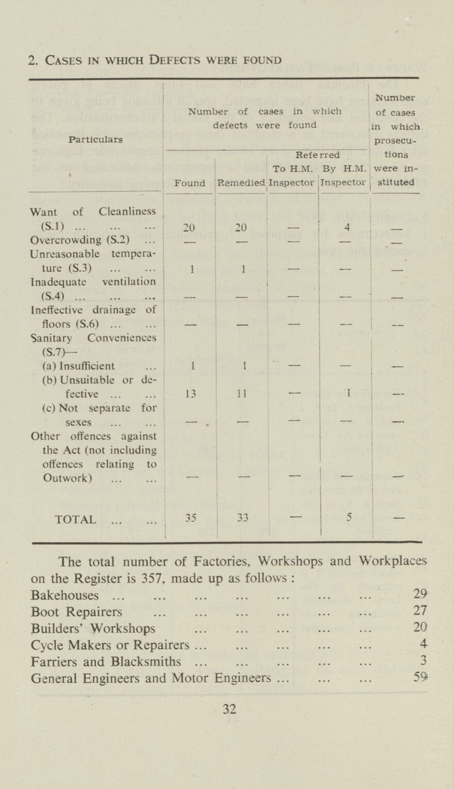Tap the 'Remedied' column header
[x=242, y=183]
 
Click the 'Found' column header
[x=190, y=183]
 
